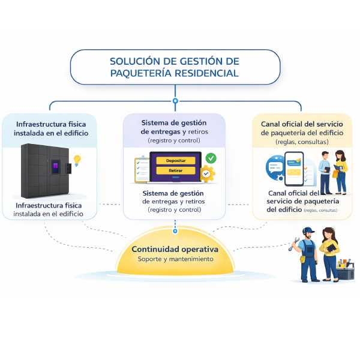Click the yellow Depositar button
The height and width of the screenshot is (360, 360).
(x=175, y=161)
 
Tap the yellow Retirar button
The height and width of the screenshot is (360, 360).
(x=175, y=171)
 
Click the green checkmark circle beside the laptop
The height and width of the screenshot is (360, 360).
(x=211, y=158)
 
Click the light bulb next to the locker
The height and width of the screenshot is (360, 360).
(x=77, y=160)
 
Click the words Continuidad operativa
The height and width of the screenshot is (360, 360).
(x=175, y=249)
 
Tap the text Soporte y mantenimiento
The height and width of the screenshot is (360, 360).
(x=175, y=259)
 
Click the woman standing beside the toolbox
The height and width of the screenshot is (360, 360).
(x=329, y=252)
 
